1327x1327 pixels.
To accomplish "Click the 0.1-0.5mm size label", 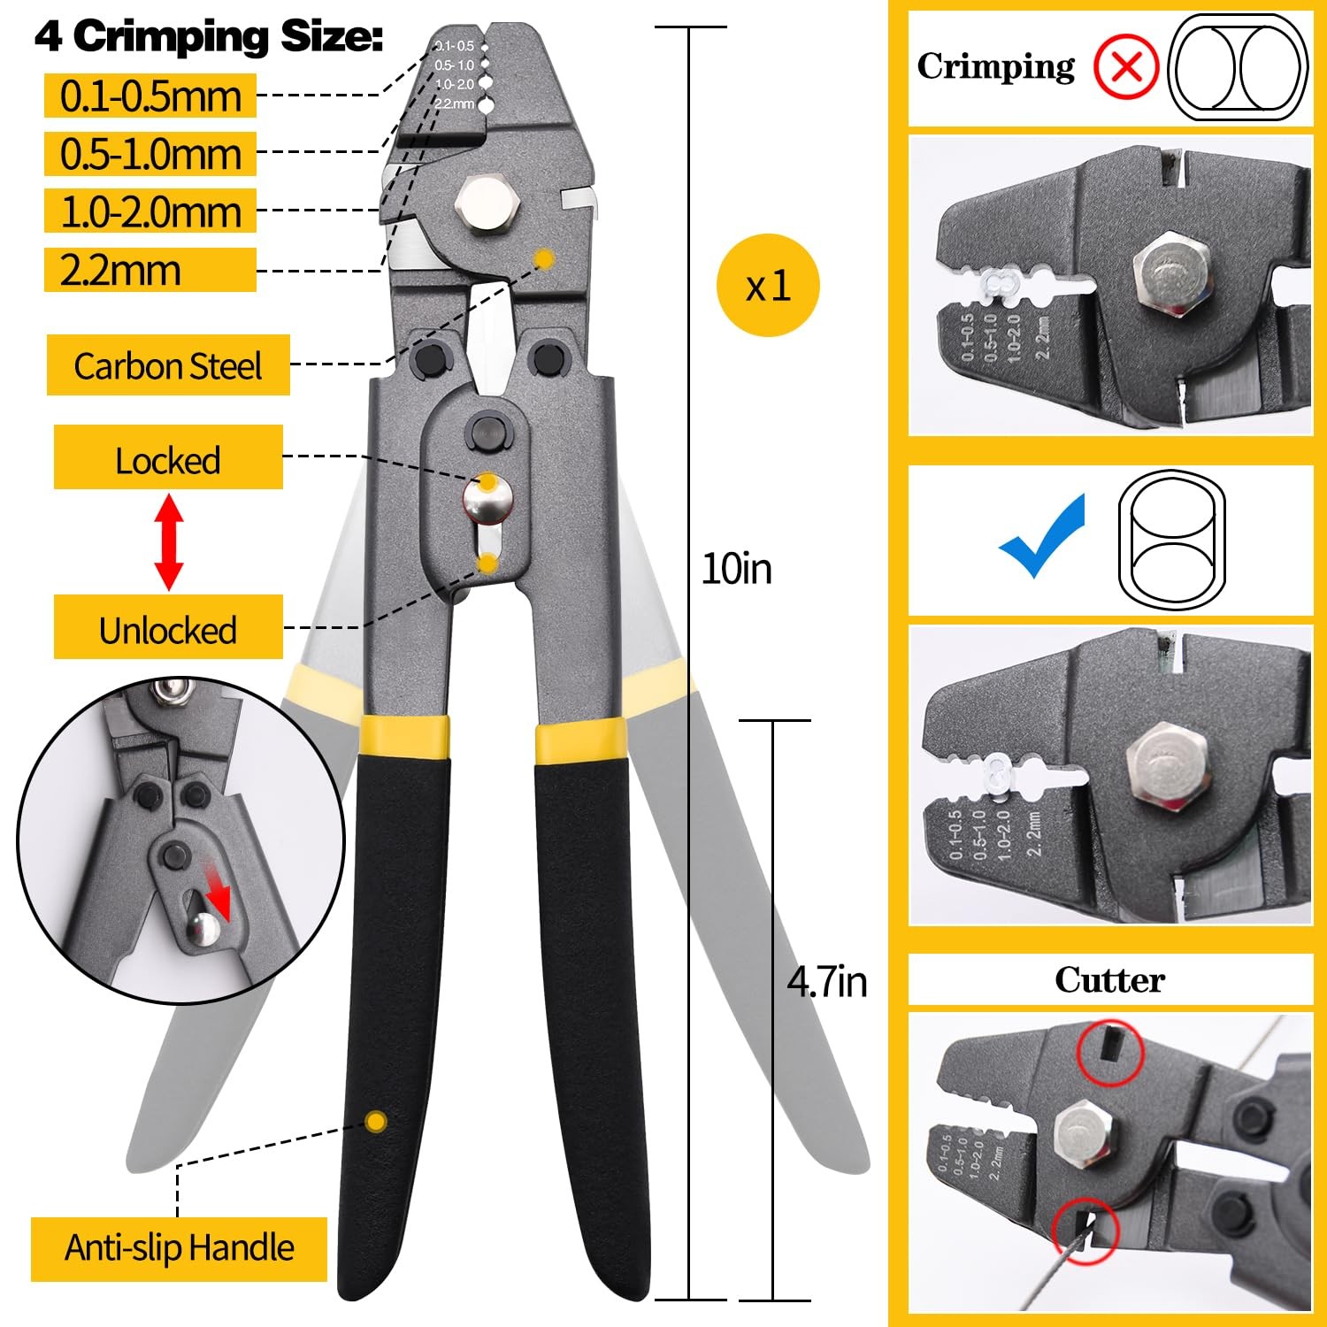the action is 150,96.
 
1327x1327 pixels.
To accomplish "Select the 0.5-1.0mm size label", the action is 150,154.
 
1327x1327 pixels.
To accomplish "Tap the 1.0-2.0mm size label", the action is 150,212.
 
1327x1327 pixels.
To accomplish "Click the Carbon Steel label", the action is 168,365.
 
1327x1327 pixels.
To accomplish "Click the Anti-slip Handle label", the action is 180,1248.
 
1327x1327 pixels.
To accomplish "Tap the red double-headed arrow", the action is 169,542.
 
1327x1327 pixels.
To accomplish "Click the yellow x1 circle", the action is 768,285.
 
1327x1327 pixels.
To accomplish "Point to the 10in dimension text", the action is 736,569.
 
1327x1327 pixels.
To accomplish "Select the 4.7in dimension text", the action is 827,982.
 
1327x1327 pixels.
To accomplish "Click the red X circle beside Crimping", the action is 1125,67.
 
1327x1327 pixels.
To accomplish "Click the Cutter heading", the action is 1109,980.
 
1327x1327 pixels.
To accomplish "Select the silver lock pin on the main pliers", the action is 486,501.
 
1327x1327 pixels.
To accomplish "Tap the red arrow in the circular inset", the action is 216,891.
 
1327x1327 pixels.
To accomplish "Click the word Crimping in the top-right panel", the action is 996,67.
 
